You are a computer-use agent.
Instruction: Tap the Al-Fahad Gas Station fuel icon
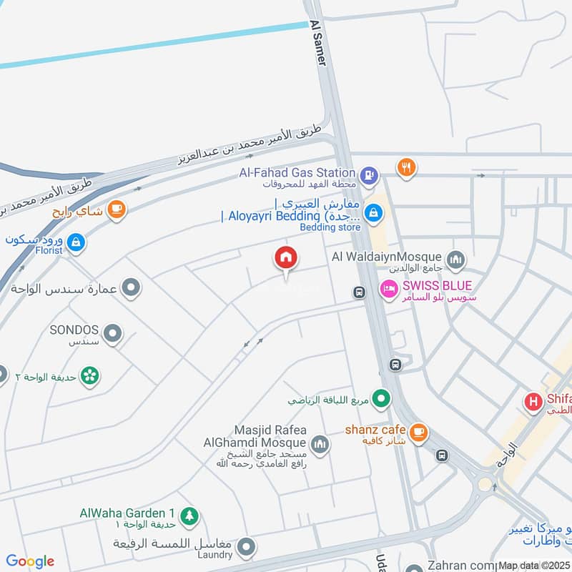point(368,173)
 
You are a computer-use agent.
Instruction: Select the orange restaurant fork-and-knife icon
point(406,167)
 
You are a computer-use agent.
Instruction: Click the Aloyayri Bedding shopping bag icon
point(373,212)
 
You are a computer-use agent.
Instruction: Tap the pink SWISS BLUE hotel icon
point(389,288)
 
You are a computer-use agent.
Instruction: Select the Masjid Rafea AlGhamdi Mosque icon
point(319,444)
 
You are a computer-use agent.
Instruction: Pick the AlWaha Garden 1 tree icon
point(189,514)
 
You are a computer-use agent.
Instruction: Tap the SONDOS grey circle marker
point(112,332)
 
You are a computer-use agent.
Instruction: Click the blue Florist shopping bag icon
point(76,243)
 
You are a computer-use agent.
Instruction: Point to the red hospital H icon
point(533,402)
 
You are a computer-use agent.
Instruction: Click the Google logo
point(30,561)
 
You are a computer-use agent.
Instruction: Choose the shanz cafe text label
point(375,430)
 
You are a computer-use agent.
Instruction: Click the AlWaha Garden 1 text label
point(127,513)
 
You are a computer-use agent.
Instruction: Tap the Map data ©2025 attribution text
point(533,566)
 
